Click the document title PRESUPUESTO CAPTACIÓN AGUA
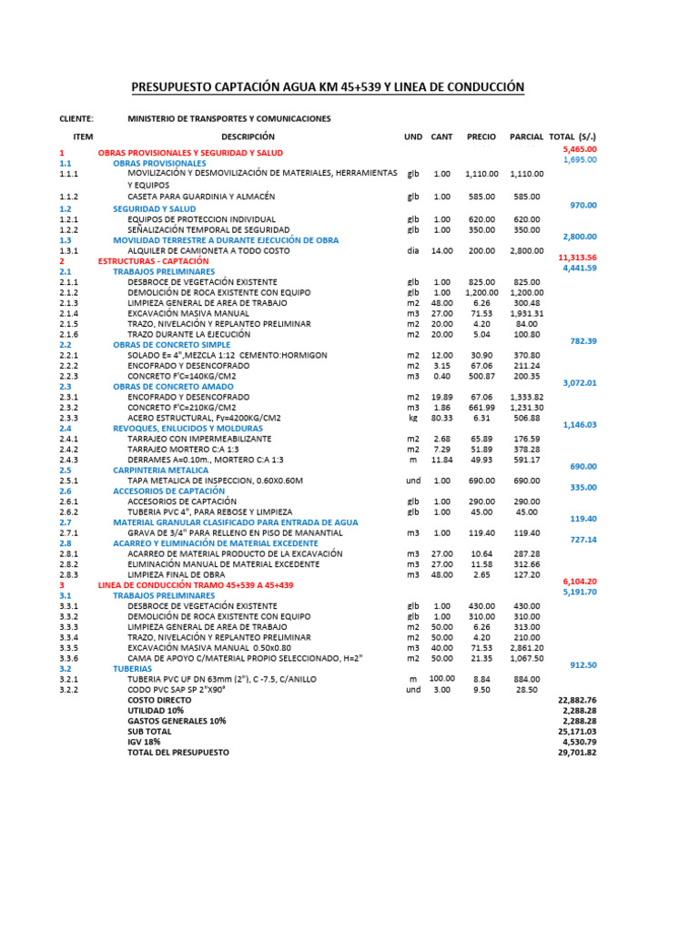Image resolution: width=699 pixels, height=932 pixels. (329, 87)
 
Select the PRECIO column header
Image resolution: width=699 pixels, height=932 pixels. (481, 136)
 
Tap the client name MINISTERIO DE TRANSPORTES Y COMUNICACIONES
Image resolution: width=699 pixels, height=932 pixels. (228, 118)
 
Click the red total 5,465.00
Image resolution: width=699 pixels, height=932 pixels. (579, 148)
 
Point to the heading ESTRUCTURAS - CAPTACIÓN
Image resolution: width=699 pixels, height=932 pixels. (153, 260)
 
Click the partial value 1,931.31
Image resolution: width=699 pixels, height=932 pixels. (526, 313)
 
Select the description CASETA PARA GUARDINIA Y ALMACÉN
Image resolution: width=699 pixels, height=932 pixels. (201, 196)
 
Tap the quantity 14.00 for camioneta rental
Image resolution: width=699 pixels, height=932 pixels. (441, 250)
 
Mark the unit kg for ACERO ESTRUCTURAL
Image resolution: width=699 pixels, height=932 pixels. (413, 418)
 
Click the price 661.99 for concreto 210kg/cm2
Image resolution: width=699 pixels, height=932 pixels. (481, 407)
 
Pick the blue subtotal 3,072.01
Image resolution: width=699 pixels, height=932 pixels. (579, 383)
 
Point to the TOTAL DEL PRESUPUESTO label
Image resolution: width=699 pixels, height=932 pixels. (178, 753)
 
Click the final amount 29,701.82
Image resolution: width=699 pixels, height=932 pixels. (577, 753)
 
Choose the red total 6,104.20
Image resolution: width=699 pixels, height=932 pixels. (579, 581)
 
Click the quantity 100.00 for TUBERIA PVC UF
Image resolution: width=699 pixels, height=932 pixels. (441, 678)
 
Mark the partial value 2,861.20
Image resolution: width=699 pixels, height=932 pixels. (526, 647)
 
